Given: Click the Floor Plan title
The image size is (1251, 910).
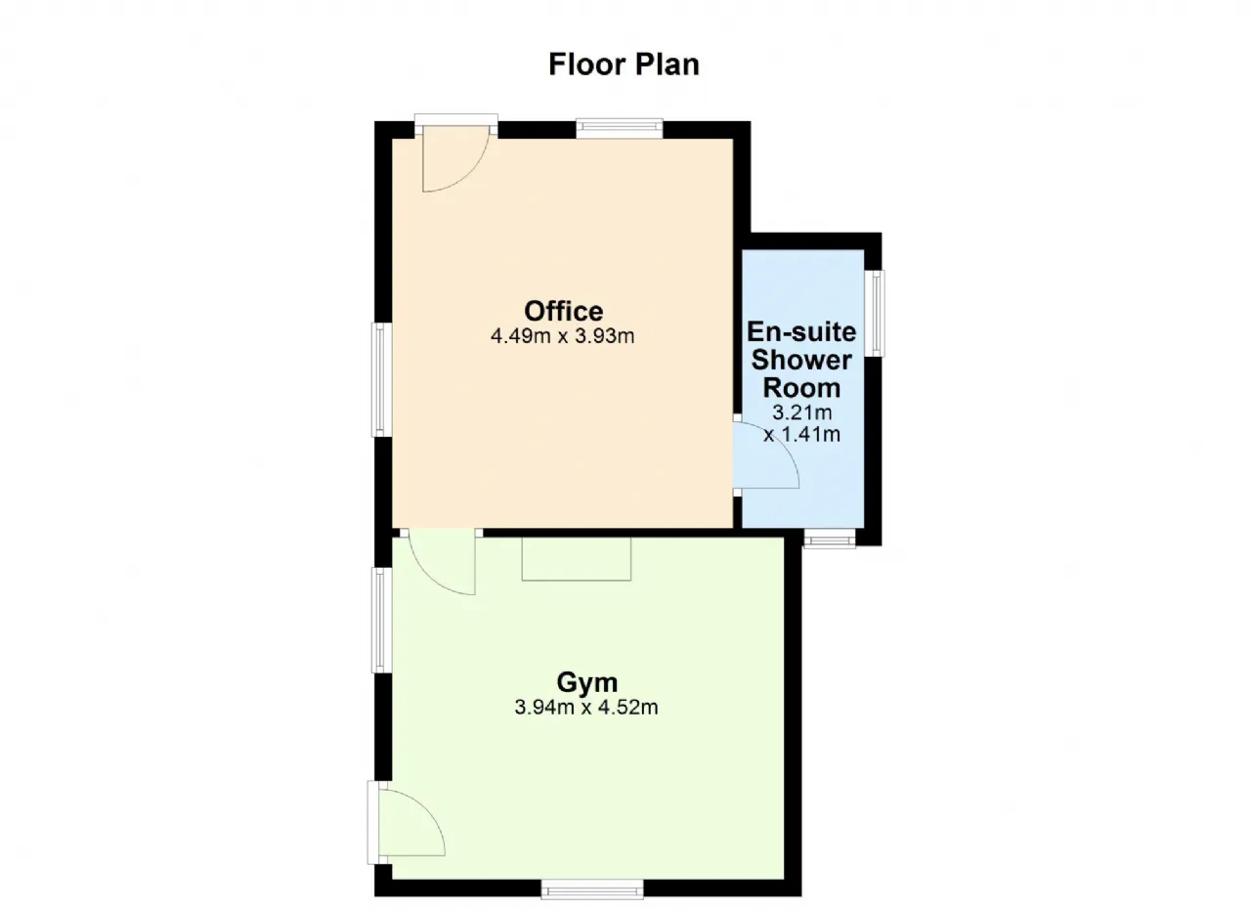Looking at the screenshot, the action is (624, 65).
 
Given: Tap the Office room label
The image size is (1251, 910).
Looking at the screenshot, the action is (564, 311).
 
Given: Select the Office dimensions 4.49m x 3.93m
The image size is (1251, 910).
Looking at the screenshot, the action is (562, 336).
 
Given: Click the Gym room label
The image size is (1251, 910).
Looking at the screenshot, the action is (587, 682).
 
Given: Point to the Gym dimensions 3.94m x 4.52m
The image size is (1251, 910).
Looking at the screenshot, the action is (585, 708).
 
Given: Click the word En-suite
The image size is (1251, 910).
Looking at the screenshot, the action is (801, 331).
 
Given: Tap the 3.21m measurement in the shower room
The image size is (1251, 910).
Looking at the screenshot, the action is (802, 412).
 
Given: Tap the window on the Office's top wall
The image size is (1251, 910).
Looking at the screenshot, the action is (620, 129).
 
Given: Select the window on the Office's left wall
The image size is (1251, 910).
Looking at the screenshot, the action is (382, 380).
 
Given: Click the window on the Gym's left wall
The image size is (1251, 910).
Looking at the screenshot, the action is (382, 620).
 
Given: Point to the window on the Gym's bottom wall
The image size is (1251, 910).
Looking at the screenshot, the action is (592, 889).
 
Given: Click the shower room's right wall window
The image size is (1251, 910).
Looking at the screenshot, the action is (874, 314).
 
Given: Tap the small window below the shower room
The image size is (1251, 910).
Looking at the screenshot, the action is (830, 539).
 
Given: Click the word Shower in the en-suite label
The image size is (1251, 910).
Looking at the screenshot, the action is (801, 360).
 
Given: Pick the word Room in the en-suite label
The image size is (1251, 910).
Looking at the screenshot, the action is (801, 388).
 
